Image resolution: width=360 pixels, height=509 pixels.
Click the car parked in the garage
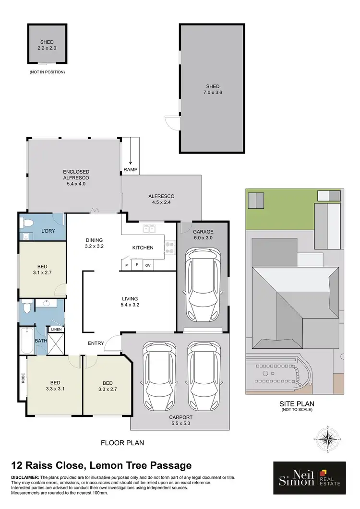203,286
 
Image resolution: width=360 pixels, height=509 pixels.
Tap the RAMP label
130,169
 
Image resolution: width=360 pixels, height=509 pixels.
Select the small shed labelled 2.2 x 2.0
47,44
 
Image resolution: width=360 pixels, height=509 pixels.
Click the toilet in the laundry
28,223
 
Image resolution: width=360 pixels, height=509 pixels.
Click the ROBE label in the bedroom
23,378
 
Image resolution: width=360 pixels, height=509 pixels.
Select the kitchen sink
148,229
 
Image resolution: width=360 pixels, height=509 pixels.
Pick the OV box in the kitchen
148,265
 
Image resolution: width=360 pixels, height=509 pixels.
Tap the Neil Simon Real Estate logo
309,478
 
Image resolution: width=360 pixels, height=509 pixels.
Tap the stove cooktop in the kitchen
169,247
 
